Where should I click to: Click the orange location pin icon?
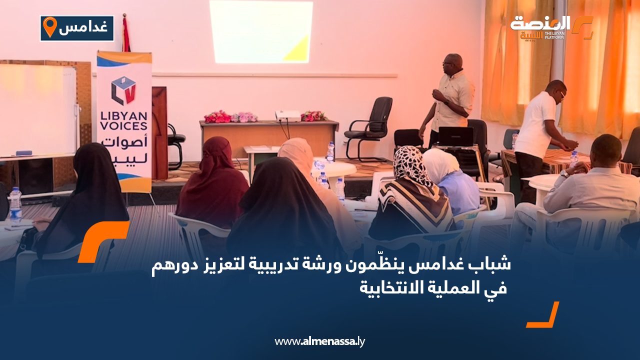pyautogui.click(x=50, y=27)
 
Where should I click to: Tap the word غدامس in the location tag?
pyautogui.click(x=83, y=28)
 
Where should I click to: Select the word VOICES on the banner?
pyautogui.click(x=123, y=126)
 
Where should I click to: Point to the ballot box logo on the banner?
pyautogui.click(x=123, y=90)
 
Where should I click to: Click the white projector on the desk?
pyautogui.click(x=287, y=115)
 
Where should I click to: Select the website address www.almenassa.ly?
pyautogui.click(x=319, y=341)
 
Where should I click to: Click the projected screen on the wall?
pyautogui.click(x=261, y=31)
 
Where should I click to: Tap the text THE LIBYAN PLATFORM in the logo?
pyautogui.click(x=554, y=35)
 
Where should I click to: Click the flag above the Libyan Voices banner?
pyautogui.click(x=125, y=34)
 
